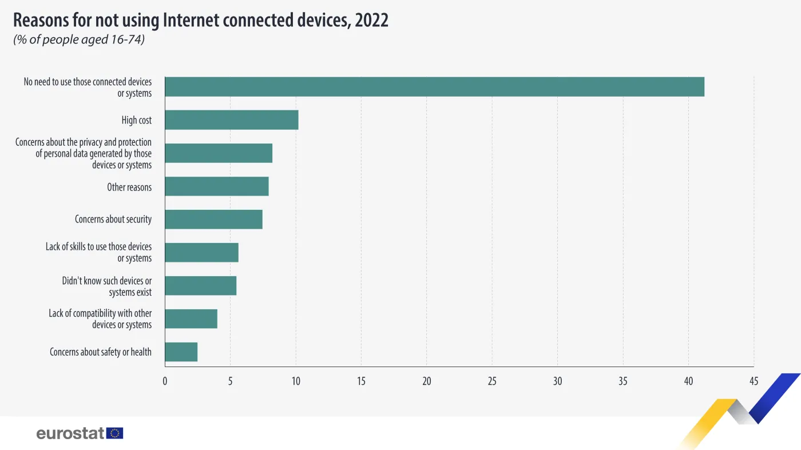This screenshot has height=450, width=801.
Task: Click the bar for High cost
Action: [232, 120]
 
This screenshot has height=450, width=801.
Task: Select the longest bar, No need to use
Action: [434, 87]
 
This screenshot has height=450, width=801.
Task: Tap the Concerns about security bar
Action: [213, 220]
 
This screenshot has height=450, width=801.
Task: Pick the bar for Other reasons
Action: [217, 186]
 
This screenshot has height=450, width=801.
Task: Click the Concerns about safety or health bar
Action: [181, 352]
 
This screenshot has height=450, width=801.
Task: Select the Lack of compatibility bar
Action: [191, 319]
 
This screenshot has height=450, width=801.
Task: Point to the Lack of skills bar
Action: [201, 253]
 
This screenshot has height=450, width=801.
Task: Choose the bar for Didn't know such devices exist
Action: [201, 286]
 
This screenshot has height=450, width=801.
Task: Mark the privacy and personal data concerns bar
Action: [219, 153]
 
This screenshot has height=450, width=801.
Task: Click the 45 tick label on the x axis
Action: [754, 381]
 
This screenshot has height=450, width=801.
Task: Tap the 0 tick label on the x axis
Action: [165, 381]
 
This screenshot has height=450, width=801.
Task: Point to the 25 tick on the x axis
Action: [492, 381]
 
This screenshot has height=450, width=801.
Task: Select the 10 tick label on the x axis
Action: [296, 381]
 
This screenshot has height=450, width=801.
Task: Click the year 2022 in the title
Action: [371, 20]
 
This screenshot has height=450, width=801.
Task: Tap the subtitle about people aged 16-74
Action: [78, 39]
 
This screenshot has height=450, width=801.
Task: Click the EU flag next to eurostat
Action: [115, 433]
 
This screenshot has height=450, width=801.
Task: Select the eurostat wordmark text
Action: [70, 433]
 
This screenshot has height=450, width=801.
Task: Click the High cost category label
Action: [137, 120]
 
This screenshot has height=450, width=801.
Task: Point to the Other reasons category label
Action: [129, 187]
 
